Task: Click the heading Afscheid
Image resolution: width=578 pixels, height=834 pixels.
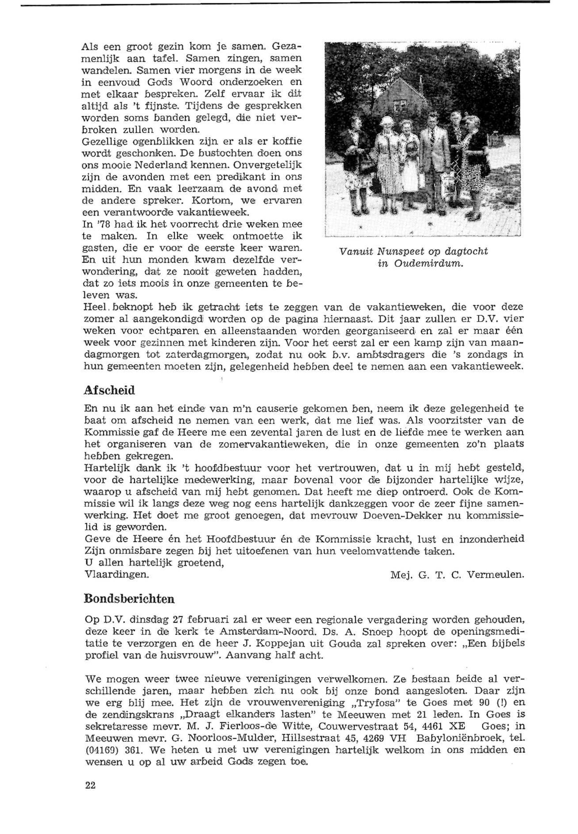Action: coord(109,390)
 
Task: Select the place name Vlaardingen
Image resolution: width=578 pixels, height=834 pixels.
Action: coord(116,574)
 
